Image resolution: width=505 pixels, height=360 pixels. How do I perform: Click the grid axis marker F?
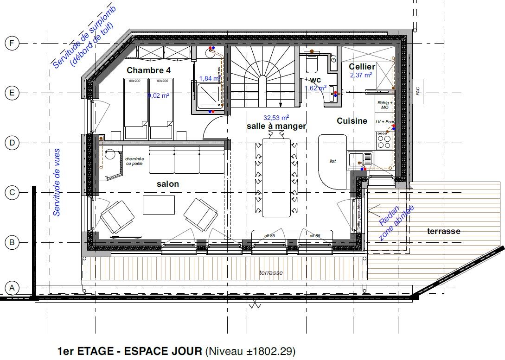(x=12, y=44)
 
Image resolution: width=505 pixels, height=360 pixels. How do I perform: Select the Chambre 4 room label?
(x=148, y=71)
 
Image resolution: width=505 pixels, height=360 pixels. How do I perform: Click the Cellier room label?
(x=362, y=67)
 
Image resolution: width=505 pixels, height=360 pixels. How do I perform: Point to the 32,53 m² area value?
(x=276, y=118)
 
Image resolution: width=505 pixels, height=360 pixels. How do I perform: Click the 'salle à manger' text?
(x=276, y=126)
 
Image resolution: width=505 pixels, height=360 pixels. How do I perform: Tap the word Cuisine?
(x=352, y=121)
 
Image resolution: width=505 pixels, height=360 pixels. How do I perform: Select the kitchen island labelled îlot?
(x=333, y=161)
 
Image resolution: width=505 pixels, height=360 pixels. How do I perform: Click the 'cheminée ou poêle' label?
(x=134, y=161)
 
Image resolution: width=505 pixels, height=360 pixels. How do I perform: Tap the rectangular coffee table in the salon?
(x=159, y=205)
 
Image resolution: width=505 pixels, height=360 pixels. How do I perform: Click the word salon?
(x=167, y=184)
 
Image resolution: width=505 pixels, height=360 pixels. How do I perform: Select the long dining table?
(x=276, y=177)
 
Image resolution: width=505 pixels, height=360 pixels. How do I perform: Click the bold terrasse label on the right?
(x=443, y=231)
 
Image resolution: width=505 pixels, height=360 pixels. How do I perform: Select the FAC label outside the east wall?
(x=418, y=91)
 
